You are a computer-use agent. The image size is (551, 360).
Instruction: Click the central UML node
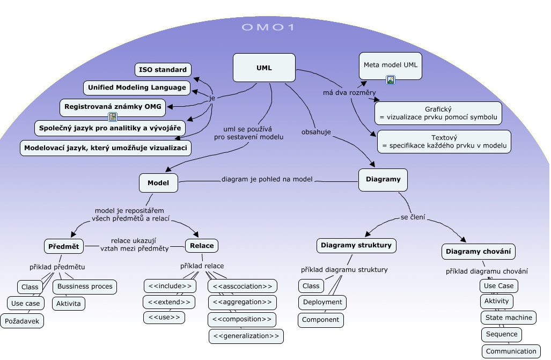pyautogui.click(x=264, y=68)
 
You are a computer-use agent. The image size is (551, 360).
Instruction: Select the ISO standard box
pyautogui.click(x=163, y=70)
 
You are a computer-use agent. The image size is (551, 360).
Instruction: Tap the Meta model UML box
pyautogui.click(x=390, y=65)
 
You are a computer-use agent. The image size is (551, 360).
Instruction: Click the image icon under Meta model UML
pyautogui.click(x=391, y=80)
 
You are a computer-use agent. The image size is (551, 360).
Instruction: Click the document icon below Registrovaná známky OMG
pyautogui.click(x=113, y=116)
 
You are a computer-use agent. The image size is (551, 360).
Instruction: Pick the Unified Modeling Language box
pyautogui.click(x=137, y=87)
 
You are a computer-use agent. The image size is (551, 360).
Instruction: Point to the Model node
pyautogui.click(x=158, y=183)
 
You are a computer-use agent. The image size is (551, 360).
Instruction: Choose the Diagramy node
pyautogui.click(x=383, y=180)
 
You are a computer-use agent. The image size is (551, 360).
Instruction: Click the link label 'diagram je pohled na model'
pyautogui.click(x=267, y=179)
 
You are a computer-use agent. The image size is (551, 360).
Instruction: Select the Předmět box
pyautogui.click(x=63, y=246)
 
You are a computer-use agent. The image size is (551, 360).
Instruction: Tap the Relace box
pyautogui.click(x=202, y=246)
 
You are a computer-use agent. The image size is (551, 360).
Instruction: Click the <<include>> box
pyautogui.click(x=170, y=286)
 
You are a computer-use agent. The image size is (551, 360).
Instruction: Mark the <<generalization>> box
pyautogui.click(x=246, y=336)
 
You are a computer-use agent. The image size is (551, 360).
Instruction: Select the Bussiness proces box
pyautogui.click(x=85, y=286)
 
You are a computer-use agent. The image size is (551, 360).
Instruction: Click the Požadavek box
pyautogui.click(x=21, y=321)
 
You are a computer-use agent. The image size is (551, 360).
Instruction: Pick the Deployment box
pyautogui.click(x=322, y=302)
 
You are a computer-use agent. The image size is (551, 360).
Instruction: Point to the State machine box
pyautogui.click(x=509, y=318)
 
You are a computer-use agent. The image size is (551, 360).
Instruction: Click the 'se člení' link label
pyautogui.click(x=413, y=217)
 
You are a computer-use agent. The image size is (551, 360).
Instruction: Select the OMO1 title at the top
pyautogui.click(x=268, y=27)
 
